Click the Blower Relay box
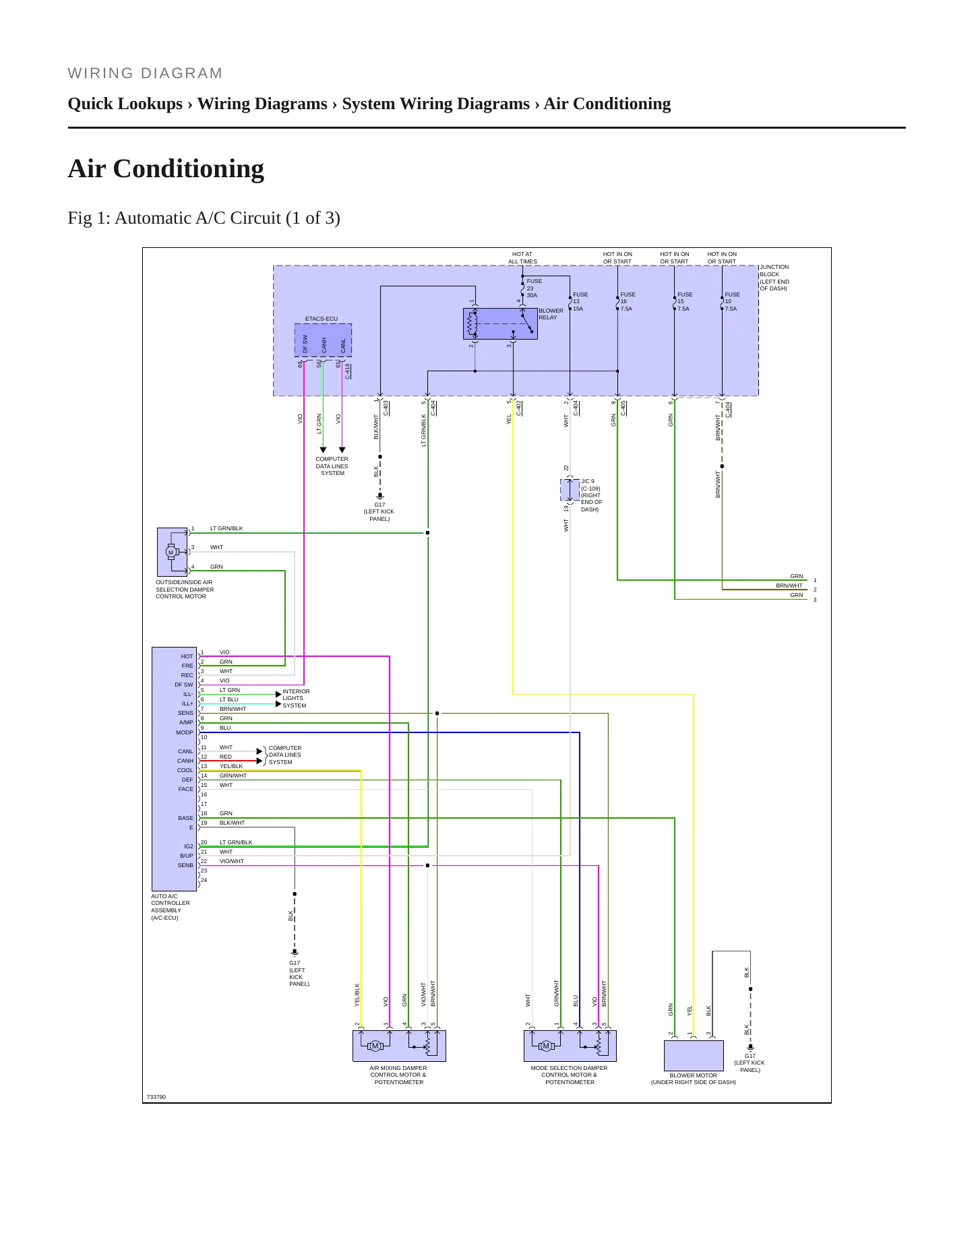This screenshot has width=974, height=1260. click(x=500, y=323)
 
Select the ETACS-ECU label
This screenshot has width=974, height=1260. click(x=322, y=319)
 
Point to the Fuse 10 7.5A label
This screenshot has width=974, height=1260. click(x=732, y=301)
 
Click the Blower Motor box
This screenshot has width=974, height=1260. click(x=694, y=1055)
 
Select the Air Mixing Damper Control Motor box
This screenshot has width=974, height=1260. click(x=399, y=1045)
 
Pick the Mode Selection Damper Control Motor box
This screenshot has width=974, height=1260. click(x=570, y=1045)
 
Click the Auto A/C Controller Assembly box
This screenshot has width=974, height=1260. click(x=174, y=769)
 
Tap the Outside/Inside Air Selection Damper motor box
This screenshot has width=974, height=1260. click(x=172, y=552)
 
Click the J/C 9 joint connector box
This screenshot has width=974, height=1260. click(x=570, y=490)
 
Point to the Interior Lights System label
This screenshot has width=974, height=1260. click(x=296, y=698)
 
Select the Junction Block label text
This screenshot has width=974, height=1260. click(x=774, y=278)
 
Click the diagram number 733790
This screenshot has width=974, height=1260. click(x=156, y=1097)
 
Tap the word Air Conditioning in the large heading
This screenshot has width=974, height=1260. click(x=166, y=168)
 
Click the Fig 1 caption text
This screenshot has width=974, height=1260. click(x=204, y=218)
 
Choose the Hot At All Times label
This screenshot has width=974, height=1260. click(x=522, y=258)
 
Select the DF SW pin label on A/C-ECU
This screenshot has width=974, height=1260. click(x=183, y=685)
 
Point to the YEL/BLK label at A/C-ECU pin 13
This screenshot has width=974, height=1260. click(x=231, y=766)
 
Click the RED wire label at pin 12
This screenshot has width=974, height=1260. click(x=225, y=757)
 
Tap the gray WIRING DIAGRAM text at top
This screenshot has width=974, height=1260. click(x=145, y=73)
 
